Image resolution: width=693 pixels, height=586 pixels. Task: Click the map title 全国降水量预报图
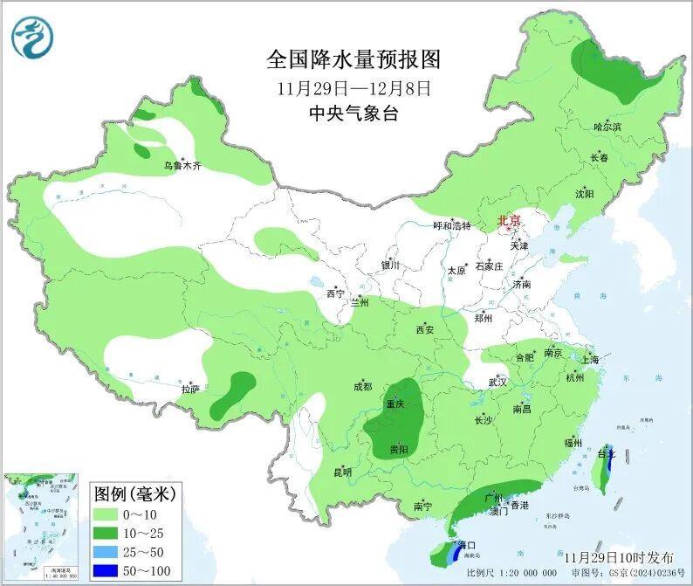point(353,59)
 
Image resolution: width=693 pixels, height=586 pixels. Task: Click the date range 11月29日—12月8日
point(353,88)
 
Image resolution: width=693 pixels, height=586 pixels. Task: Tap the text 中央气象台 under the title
point(353,114)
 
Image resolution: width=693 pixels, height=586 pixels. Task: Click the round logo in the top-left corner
point(32,37)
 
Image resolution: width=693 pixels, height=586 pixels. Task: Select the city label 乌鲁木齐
point(182,166)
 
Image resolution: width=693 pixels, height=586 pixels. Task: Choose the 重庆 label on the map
point(395,404)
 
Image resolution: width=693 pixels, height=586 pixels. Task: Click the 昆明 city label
point(342,472)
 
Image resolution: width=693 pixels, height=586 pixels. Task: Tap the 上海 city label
point(590,359)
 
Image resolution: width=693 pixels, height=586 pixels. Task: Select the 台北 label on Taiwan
point(606,454)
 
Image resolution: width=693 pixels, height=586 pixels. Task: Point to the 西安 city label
point(425,330)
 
